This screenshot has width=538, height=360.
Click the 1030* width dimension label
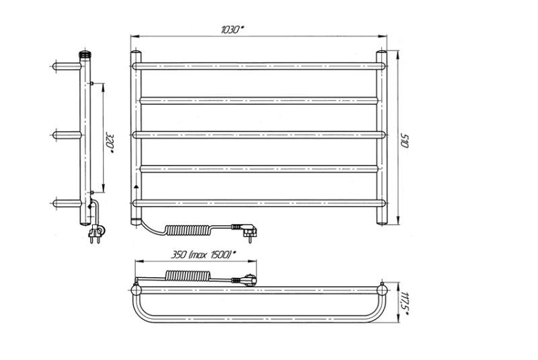pyautogui.click(x=233, y=30)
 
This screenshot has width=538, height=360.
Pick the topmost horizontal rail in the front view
pyautogui.click(x=259, y=66)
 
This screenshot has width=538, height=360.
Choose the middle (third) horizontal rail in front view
pyautogui.click(x=259, y=134)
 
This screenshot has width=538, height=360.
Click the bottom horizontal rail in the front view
pyautogui.click(x=259, y=202)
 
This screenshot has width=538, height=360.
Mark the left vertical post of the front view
pyautogui.click(x=136, y=135)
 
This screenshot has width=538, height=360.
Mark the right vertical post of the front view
pyautogui.click(x=381, y=135)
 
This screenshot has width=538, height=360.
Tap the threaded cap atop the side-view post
pyautogui.click(x=85, y=52)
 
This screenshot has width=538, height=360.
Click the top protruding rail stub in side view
pyautogui.click(x=67, y=67)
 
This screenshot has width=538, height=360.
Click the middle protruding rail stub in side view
pyautogui.click(x=67, y=135)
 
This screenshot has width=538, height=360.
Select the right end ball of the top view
pyautogui.click(x=383, y=289)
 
